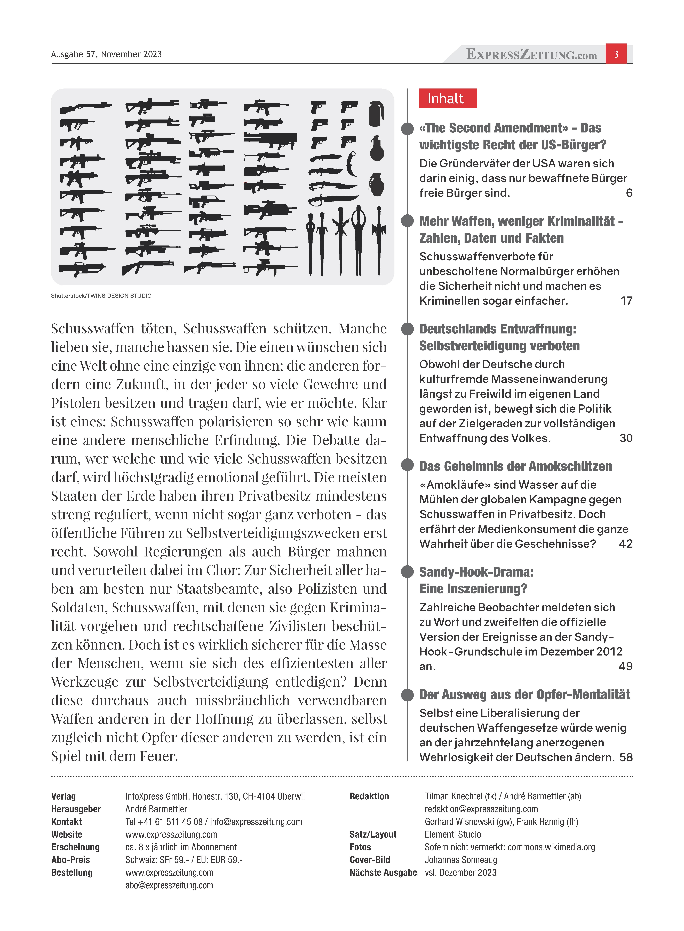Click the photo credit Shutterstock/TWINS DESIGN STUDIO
[101, 296]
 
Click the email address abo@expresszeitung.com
[169, 885]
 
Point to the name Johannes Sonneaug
[461, 860]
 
